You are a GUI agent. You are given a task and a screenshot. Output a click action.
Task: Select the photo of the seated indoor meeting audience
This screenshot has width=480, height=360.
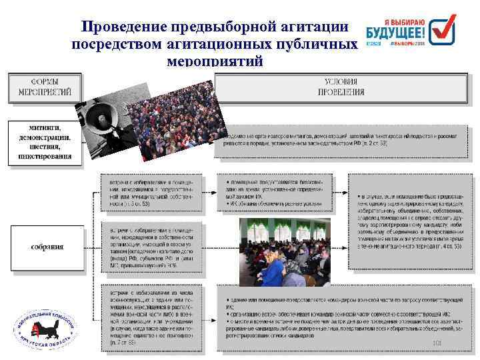click(285, 250)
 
